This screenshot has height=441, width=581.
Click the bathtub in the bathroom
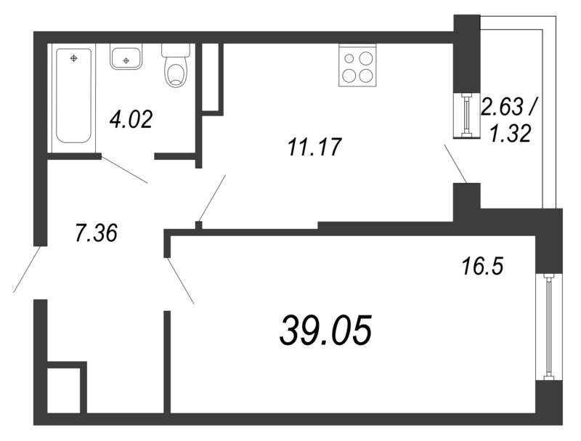[74, 97]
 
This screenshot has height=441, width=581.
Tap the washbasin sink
[126, 57]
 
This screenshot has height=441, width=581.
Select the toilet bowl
[176, 65]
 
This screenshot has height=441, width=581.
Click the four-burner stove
[357, 65]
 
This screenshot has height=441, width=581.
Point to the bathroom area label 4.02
[131, 120]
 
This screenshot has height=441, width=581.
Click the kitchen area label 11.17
[314, 147]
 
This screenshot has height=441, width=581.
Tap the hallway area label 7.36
[97, 233]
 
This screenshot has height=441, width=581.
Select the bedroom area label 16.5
[482, 267]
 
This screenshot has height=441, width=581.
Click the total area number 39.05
[325, 329]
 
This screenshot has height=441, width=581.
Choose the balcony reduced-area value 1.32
[511, 134]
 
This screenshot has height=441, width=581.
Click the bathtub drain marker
[74, 58]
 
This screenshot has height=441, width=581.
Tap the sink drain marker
[126, 60]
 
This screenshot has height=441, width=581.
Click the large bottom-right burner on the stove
[366, 76]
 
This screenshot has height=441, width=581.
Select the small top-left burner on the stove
[349, 58]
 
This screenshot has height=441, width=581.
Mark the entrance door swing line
[27, 269]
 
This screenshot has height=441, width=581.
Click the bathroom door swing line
[124, 170]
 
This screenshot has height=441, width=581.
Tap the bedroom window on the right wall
[549, 327]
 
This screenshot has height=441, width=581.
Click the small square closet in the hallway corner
[65, 388]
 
